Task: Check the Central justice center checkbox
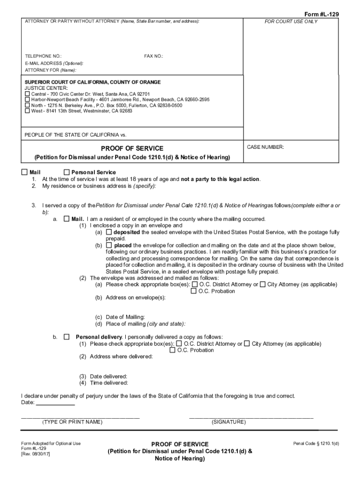click(27, 94)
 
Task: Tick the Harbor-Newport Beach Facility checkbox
click(27, 100)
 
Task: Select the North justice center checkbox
click(27, 106)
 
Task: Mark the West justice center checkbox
click(27, 111)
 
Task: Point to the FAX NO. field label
click(154, 56)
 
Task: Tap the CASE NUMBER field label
click(266, 147)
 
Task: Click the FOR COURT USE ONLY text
click(291, 22)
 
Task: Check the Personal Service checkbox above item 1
click(66, 172)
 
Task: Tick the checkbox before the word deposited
click(109, 232)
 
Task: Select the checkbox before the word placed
click(109, 245)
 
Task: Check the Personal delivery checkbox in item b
click(66, 337)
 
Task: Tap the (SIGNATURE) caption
click(229, 422)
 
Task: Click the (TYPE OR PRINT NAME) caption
click(72, 422)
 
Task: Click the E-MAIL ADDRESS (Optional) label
click(54, 63)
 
